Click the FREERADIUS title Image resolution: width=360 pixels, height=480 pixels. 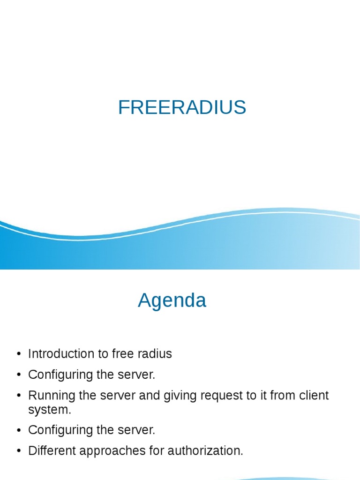point(182,108)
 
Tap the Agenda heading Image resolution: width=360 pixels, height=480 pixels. point(172,300)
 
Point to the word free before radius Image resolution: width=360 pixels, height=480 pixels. point(123,354)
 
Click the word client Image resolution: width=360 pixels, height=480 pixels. point(313,396)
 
